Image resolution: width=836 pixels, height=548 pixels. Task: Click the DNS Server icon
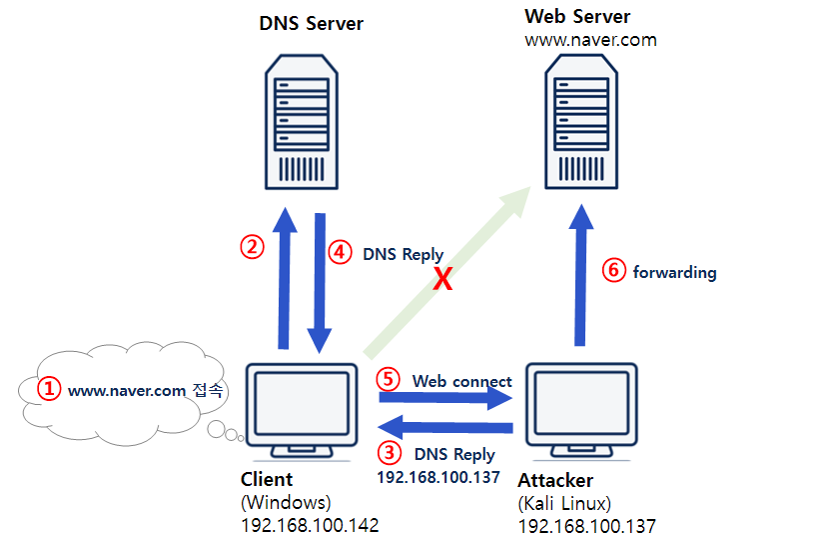pos(299,119)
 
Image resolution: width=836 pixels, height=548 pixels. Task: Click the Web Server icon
pos(578,121)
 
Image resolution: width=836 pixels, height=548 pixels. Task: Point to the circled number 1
pos(49,389)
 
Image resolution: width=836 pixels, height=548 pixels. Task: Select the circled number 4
pos(342,253)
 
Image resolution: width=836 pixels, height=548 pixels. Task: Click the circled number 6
pos(614,271)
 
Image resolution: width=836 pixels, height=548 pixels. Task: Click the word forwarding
pos(674,272)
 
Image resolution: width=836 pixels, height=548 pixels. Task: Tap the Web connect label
pos(461,381)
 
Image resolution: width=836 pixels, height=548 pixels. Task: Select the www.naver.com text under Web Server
pos(590,40)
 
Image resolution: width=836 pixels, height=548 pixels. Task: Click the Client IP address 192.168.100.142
pos(310,525)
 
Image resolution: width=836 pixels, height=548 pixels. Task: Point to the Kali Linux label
pos(564,503)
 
